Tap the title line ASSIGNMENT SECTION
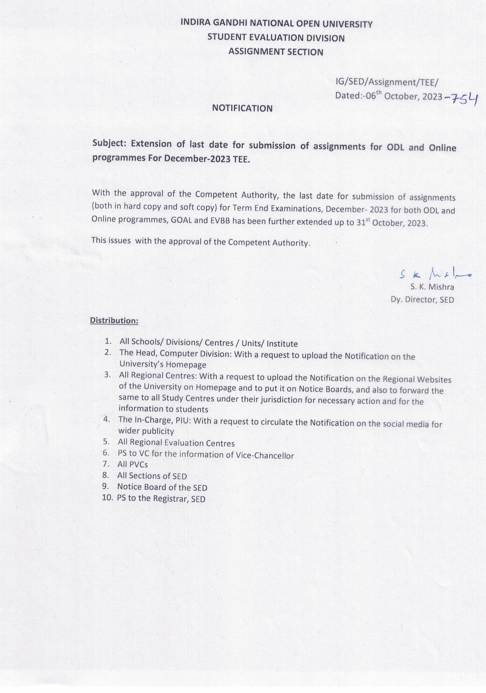click(275, 52)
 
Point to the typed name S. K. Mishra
click(432, 287)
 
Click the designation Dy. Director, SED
click(422, 299)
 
